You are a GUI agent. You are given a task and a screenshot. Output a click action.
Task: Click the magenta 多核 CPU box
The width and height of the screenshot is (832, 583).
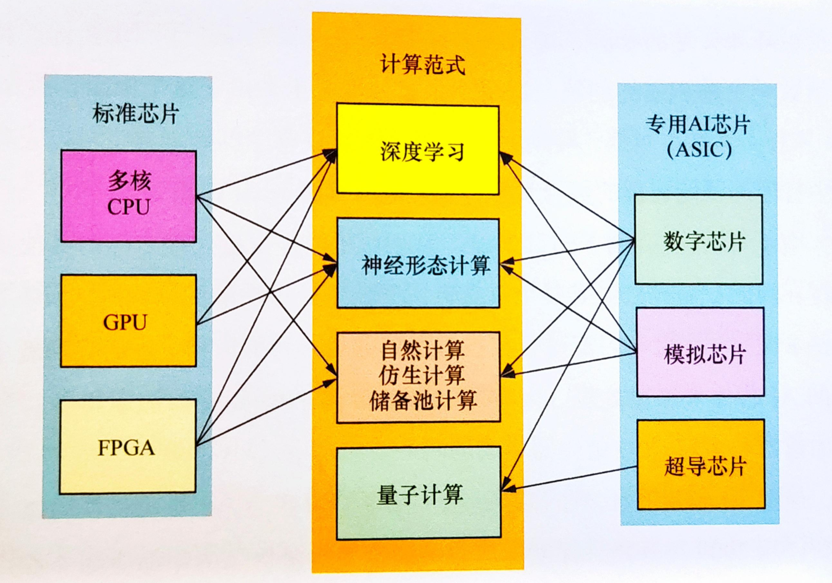click(x=128, y=195)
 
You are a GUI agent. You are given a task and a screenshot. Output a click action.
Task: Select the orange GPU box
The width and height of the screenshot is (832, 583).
click(x=128, y=321)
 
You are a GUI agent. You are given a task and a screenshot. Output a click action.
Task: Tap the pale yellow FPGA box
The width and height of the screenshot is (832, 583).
click(x=128, y=446)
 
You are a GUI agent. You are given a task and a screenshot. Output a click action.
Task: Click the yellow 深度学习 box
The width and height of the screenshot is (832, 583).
click(x=418, y=149)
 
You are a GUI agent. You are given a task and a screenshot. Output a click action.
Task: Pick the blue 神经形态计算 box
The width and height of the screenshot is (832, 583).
click(x=418, y=264)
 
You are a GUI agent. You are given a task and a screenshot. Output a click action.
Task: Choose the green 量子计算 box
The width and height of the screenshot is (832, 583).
click(x=419, y=494)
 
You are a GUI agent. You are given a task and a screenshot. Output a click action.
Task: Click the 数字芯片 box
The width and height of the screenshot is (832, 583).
click(x=699, y=239)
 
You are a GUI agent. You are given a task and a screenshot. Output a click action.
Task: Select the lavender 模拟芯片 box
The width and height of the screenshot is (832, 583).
click(x=700, y=352)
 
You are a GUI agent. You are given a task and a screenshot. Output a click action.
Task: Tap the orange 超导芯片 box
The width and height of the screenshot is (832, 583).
click(x=701, y=464)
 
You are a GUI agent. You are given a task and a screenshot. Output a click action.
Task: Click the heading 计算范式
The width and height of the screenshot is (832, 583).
click(x=423, y=65)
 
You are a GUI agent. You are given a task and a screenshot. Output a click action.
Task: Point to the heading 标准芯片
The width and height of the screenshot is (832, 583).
click(x=135, y=113)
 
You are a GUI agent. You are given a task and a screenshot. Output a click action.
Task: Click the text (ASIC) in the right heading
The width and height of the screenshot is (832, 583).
click(x=699, y=149)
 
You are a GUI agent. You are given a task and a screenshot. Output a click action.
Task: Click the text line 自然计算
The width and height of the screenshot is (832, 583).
click(x=423, y=350)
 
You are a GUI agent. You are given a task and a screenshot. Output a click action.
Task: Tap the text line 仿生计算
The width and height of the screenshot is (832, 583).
click(x=423, y=375)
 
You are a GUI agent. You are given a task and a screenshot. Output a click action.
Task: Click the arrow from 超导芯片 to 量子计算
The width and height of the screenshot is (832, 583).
click(x=569, y=477)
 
